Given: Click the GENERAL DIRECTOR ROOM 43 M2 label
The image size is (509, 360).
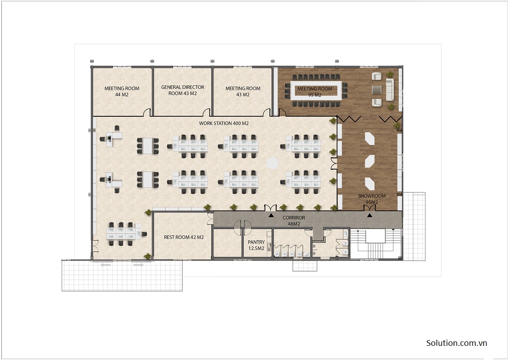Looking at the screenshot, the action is tap(182, 90).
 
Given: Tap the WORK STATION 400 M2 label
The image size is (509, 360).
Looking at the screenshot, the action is tap(224, 123).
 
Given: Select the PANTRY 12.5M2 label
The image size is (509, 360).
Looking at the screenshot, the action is tap(256, 245).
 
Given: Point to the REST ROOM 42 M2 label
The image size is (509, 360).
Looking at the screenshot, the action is tap(184, 237).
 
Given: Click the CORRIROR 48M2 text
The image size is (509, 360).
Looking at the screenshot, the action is tap(294, 221).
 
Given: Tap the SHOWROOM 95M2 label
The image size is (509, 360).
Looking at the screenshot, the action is tap(372, 199).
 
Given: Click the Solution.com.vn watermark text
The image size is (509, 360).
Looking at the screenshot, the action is tap(456, 343).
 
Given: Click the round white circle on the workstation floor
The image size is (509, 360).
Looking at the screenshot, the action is tap(272, 163).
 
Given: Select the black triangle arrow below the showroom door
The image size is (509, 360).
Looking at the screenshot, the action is tap(369, 215).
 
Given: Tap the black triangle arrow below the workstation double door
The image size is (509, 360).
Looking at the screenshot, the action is tap(271, 215).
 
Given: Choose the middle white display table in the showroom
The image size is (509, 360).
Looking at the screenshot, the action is tap(370, 161).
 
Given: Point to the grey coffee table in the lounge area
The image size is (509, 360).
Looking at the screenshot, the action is tap(376, 89).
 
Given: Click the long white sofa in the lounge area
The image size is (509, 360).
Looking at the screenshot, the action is tap(390, 89).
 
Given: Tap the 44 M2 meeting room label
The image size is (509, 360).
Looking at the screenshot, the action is tap(122, 91).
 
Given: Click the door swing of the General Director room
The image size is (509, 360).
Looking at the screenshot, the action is tap(207, 112).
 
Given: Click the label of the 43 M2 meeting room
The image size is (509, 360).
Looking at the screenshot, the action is tap(243, 91).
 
